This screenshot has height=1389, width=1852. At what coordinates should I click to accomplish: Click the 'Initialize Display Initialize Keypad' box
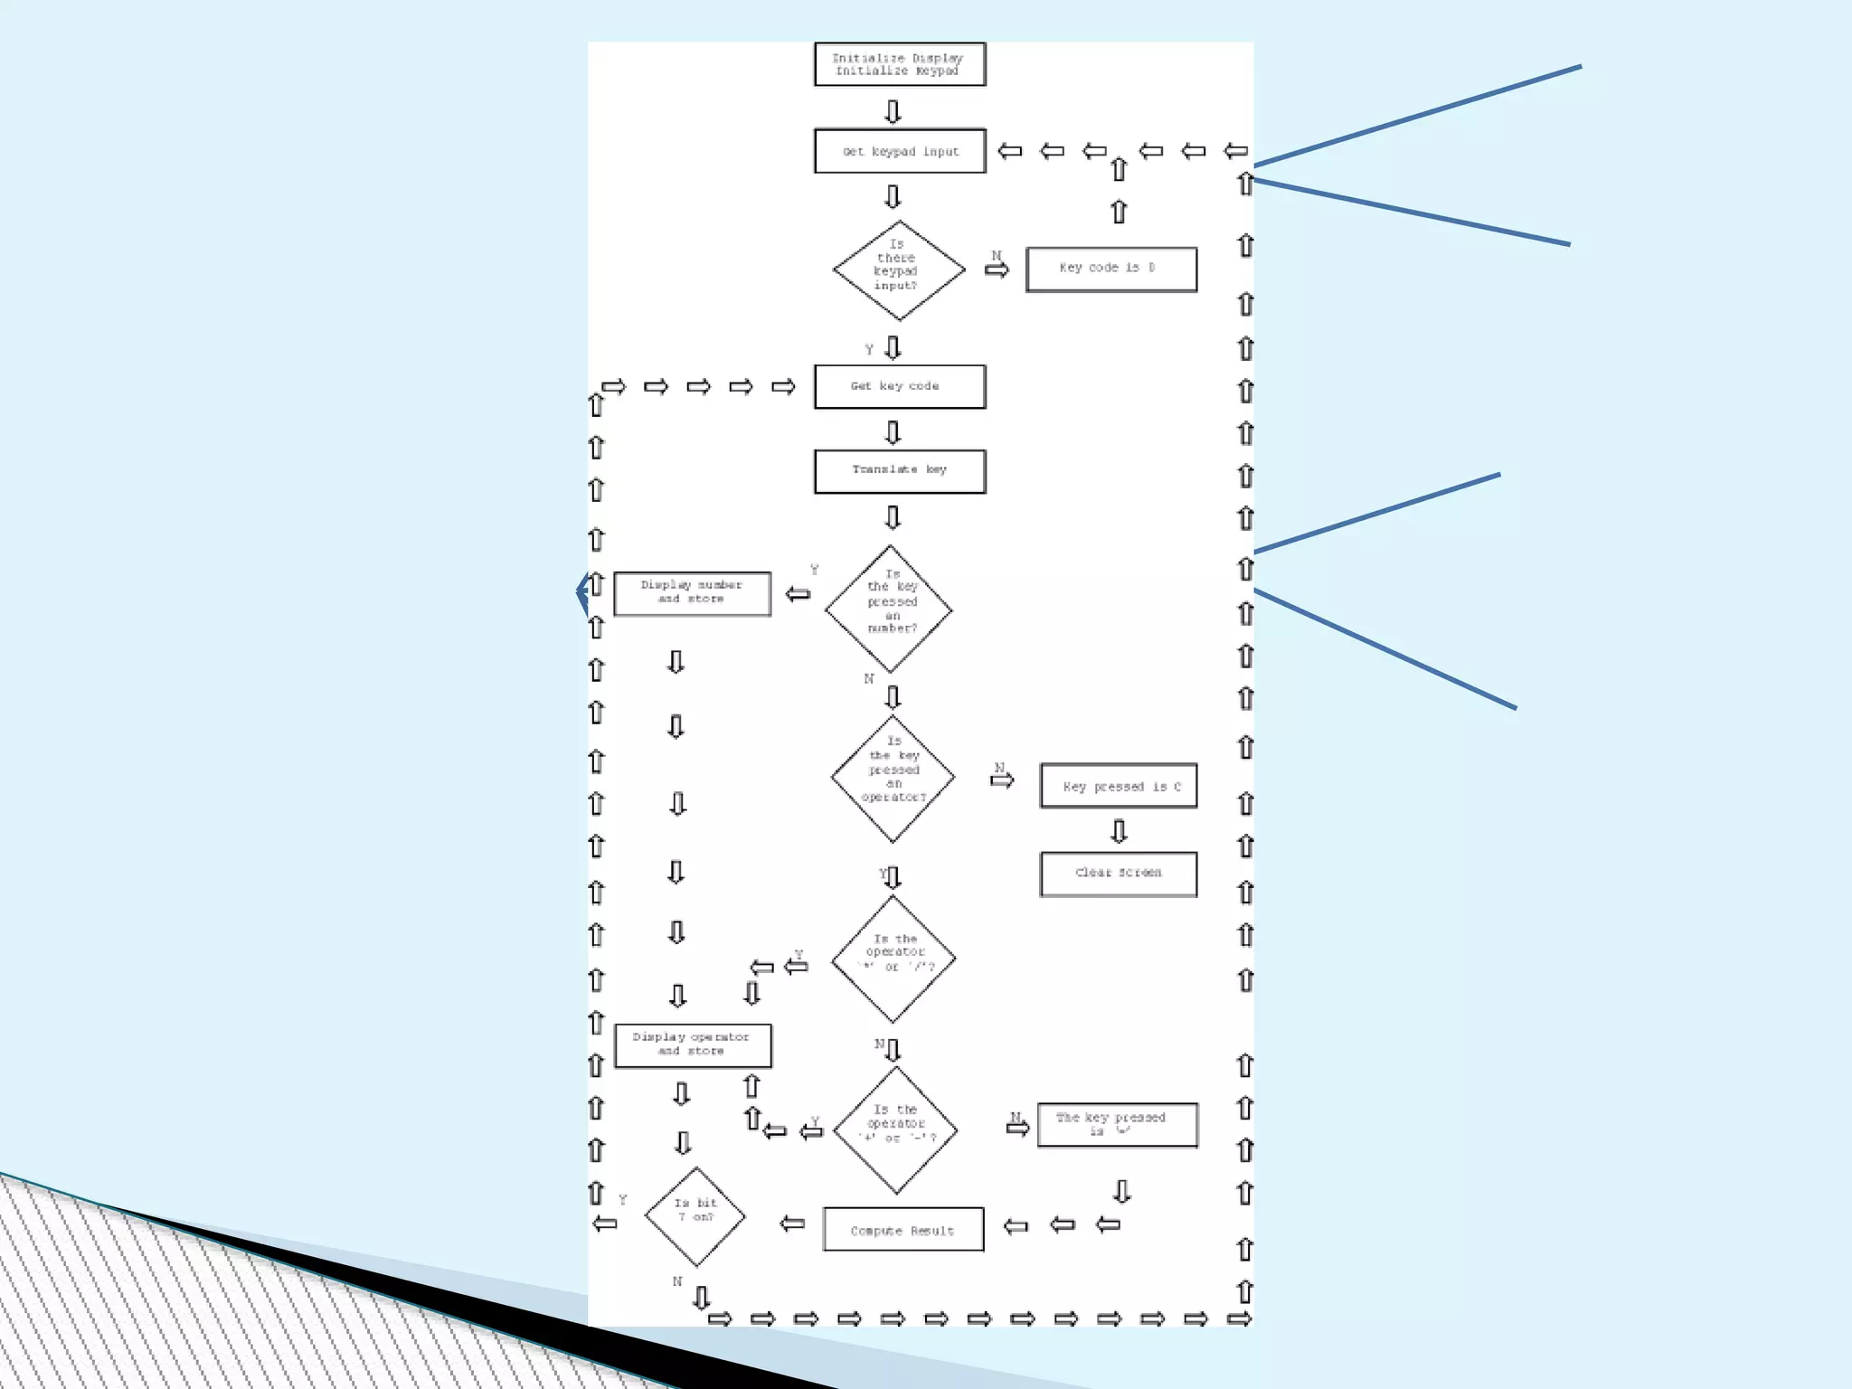900,64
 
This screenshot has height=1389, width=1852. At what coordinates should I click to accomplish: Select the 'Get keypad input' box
900,151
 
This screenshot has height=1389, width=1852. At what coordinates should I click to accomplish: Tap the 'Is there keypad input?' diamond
898,269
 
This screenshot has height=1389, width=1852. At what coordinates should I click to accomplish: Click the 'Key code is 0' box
1111,269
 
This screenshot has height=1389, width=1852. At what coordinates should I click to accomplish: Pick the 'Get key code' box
900,386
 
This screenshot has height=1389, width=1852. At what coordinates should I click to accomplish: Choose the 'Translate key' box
900,471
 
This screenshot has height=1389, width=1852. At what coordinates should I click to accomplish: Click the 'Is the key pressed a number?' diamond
890,609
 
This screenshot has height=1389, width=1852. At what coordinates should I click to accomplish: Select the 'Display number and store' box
693,594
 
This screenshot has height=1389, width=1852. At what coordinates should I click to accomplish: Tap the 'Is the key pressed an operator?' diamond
893,778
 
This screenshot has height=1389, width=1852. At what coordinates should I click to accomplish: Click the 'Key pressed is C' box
1119,786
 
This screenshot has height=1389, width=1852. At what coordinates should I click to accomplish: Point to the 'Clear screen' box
1119,874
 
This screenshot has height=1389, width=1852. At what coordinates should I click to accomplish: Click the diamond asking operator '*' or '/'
893,958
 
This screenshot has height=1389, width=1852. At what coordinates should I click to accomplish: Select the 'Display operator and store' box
693,1045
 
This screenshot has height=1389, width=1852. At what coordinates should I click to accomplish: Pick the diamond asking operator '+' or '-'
896,1129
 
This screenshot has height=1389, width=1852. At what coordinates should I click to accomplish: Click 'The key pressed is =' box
1118,1125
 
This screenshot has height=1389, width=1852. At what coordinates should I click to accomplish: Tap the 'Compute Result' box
903,1230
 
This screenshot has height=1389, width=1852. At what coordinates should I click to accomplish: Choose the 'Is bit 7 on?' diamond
694,1216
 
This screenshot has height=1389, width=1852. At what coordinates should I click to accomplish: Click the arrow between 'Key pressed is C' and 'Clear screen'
1120,831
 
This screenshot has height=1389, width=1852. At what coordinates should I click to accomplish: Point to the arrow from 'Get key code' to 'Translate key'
893,432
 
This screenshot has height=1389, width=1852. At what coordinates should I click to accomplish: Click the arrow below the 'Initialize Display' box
893,111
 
